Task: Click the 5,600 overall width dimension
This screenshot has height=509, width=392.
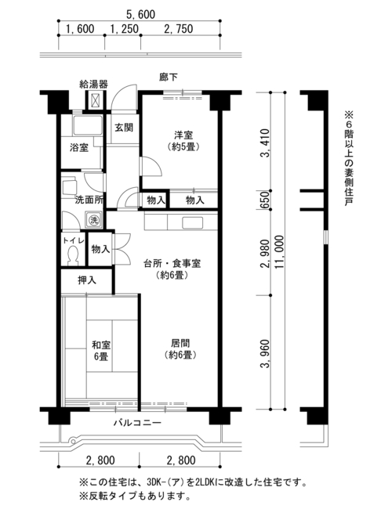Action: coord(140,14)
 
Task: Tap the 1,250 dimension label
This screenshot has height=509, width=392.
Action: coord(124,28)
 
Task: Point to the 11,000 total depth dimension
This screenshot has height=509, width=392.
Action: coord(279,252)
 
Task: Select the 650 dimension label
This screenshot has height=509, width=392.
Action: coord(264,200)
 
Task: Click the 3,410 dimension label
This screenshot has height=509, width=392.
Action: coord(264,143)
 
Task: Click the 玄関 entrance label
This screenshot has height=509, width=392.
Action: coord(124,127)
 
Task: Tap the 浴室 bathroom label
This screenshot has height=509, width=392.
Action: coord(79,147)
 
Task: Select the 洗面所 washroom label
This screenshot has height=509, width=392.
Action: coord(89,200)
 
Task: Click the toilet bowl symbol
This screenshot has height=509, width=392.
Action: coord(73,255)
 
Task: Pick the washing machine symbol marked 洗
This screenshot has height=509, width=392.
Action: coord(94,220)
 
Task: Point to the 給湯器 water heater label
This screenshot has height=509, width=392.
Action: coord(94,85)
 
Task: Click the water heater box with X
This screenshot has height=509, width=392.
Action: coord(96,100)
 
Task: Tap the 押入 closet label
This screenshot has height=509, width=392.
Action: coord(87,280)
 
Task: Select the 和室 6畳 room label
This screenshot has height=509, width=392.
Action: coord(101,350)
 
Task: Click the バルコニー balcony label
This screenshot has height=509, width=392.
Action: coord(137,423)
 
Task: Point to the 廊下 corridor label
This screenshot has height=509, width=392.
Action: coord(169,77)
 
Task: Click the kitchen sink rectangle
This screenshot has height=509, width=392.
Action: coord(192,223)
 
